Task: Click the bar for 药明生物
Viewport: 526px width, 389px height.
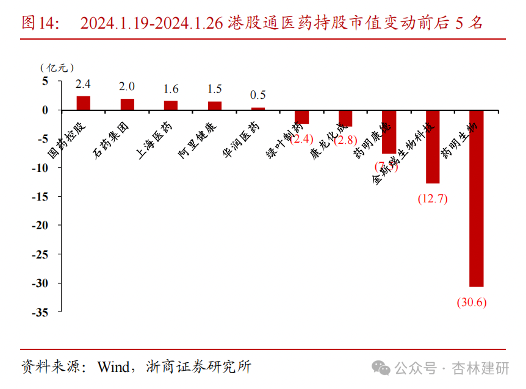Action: [x=476, y=198]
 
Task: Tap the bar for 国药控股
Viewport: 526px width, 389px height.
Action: [x=83, y=103]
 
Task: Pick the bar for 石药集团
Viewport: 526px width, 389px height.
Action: [x=127, y=104]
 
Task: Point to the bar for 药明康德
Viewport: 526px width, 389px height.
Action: [x=389, y=132]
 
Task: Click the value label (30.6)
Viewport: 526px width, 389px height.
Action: [x=471, y=302]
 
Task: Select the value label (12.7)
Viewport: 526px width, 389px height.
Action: [x=433, y=199]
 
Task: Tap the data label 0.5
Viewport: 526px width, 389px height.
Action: [x=258, y=95]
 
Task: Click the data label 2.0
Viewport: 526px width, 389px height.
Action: [x=127, y=86]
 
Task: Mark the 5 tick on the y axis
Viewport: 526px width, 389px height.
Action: [x=45, y=81]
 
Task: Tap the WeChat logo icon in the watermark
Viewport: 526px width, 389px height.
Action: [x=382, y=368]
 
